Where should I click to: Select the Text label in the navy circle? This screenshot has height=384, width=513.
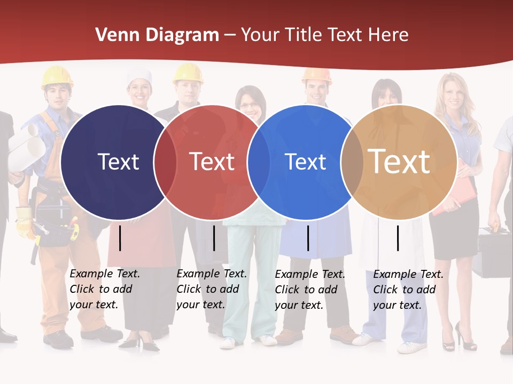click(x=118, y=162)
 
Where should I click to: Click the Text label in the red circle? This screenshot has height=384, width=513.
click(x=212, y=162)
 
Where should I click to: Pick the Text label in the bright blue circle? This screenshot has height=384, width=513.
click(x=305, y=162)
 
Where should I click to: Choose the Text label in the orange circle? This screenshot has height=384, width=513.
click(x=399, y=162)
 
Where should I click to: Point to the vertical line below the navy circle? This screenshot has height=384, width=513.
click(x=120, y=238)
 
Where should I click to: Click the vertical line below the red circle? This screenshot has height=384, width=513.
click(x=214, y=238)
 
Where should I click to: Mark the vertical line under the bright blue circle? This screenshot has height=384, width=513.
click(x=308, y=238)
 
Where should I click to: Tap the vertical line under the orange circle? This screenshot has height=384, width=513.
click(x=398, y=238)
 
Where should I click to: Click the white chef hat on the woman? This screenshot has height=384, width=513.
click(x=139, y=78)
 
